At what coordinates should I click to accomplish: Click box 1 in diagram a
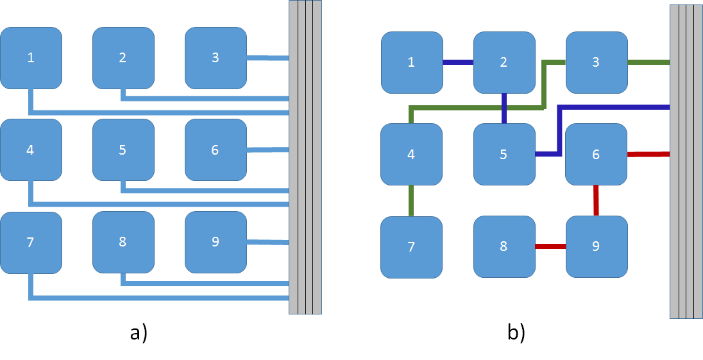pyautogui.click(x=31, y=58)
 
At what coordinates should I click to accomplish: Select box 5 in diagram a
pyautogui.click(x=123, y=150)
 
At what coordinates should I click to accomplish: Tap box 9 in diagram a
pyautogui.click(x=216, y=242)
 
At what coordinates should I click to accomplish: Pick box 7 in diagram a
pyautogui.click(x=31, y=242)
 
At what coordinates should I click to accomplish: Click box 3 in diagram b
pyautogui.click(x=597, y=62)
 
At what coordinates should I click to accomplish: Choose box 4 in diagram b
pyautogui.click(x=412, y=154)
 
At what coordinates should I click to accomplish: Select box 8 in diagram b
pyautogui.click(x=504, y=246)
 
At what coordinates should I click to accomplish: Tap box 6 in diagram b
pyautogui.click(x=597, y=154)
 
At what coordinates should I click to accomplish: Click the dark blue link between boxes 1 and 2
pyautogui.click(x=458, y=62)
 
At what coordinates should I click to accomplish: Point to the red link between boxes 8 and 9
pyautogui.click(x=550, y=246)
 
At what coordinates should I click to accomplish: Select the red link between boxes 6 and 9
pyautogui.click(x=596, y=200)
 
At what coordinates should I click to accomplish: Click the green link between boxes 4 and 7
pyautogui.click(x=411, y=200)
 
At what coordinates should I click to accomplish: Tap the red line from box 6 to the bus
pyautogui.click(x=648, y=154)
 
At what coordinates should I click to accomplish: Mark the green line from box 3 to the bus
pyautogui.click(x=648, y=62)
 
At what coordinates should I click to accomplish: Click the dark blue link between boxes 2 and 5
pyautogui.click(x=504, y=108)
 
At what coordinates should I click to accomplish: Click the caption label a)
pyautogui.click(x=139, y=333)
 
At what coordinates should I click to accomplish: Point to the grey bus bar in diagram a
pyautogui.click(x=305, y=157)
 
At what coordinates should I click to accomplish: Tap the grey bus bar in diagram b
pyautogui.click(x=686, y=162)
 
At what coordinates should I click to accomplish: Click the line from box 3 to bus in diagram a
pyautogui.click(x=267, y=58)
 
